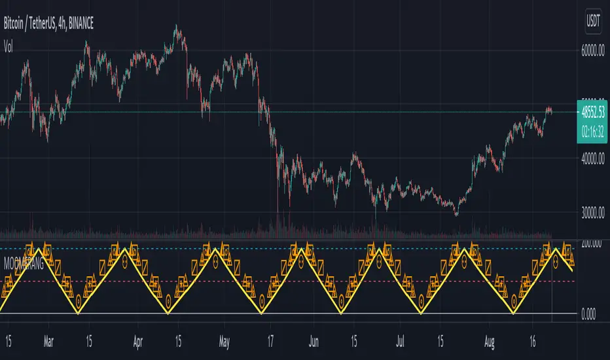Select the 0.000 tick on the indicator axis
(590, 315)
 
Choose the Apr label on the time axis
(138, 341)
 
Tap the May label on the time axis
(224, 341)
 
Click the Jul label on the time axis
(399, 341)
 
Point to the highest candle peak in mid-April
(176, 26)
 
